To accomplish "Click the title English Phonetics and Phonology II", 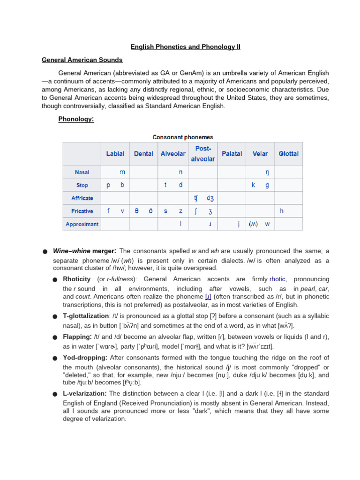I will click(x=185, y=47).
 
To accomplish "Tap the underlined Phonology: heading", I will click(x=76, y=119).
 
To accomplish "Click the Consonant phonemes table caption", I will click(x=183, y=137).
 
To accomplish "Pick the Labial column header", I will click(x=115, y=154).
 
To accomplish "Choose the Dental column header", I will click(x=143, y=154).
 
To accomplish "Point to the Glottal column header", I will click(x=288, y=154).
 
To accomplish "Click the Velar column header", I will click(x=260, y=154).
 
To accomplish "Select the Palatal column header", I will click(x=232, y=154).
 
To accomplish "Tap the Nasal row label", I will click(x=82, y=172).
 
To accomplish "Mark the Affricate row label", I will click(x=82, y=198).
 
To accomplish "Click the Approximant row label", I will click(x=82, y=224).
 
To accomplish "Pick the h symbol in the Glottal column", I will click(x=282, y=211).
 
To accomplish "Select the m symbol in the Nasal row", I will click(x=122, y=172).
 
